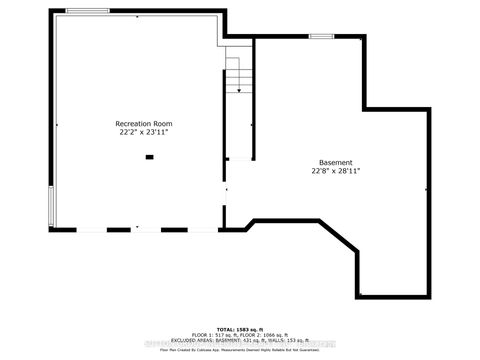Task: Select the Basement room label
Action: (x=335, y=162)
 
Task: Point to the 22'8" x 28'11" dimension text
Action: (x=335, y=170)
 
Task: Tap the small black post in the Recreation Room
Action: (x=149, y=155)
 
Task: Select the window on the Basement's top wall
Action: (x=321, y=36)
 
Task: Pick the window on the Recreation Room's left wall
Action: (x=53, y=206)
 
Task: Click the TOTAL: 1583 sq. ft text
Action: (x=239, y=328)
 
